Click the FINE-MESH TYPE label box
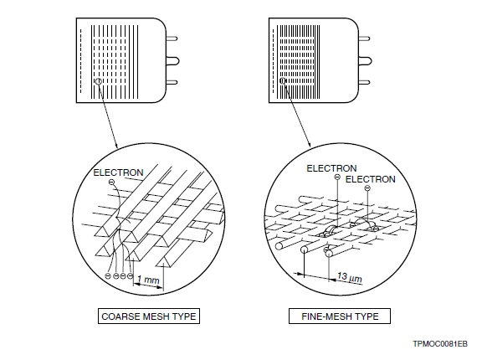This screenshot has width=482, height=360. point(340,316)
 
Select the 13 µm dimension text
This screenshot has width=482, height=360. point(346,275)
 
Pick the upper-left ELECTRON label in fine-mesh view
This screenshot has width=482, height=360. point(331,168)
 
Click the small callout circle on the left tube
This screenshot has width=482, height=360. point(99,82)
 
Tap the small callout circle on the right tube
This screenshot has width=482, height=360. point(283,82)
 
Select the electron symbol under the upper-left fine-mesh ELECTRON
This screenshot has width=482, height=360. point(336,178)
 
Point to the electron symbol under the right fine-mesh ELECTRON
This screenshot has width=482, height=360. point(367,189)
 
